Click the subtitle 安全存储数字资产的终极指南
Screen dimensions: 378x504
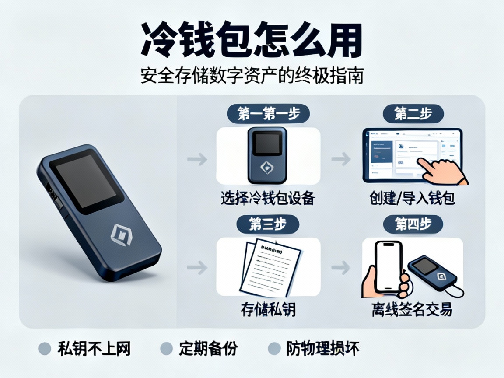point(252,76)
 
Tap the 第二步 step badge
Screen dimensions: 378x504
point(413,114)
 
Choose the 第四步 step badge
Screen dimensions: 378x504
point(413,224)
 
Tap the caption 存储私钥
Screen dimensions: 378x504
point(268,309)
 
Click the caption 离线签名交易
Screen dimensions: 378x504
point(412,309)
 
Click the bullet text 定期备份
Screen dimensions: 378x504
point(208,349)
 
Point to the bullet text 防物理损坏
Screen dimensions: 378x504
point(323,349)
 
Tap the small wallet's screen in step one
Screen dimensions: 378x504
point(268,143)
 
